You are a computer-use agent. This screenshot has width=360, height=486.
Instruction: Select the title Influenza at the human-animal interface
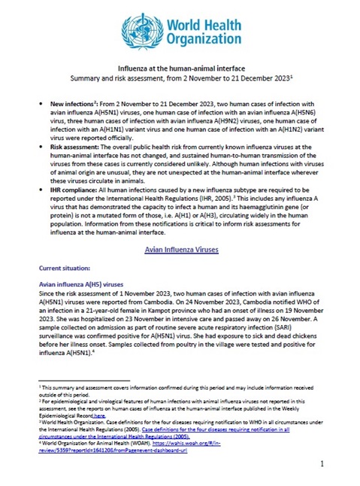[180, 67]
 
